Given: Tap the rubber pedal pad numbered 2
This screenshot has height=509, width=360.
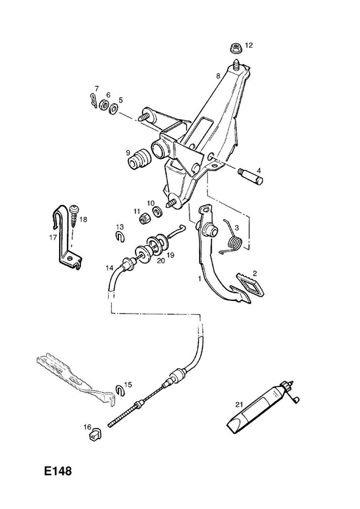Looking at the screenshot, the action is [250, 284].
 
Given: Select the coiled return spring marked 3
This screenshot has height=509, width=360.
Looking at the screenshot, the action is [233, 238].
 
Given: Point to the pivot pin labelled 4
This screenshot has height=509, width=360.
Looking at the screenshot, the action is [251, 176].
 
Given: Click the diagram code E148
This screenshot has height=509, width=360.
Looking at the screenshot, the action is [58, 471].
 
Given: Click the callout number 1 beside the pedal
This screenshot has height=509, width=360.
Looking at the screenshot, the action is [200, 279].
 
